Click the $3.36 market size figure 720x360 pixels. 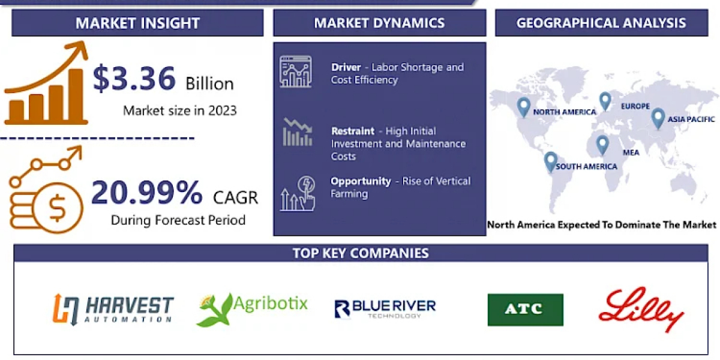click(x=134, y=78)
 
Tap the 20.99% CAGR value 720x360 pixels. click(x=147, y=193)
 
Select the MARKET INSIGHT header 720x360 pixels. click(x=137, y=23)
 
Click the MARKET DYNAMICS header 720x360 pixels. click(x=380, y=23)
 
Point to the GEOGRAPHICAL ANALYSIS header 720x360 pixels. click(x=601, y=23)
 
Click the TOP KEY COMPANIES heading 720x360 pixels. click(x=361, y=253)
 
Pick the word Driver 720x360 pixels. click(x=346, y=67)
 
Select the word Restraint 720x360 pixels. click(x=353, y=131)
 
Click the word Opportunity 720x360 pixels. click(x=361, y=181)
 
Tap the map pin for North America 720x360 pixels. click(x=524, y=107)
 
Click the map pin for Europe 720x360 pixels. click(x=605, y=101)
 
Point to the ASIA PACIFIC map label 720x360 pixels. click(x=691, y=119)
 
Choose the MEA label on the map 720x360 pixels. click(x=631, y=152)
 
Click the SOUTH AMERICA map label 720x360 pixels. click(x=586, y=167)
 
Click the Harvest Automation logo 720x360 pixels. click(x=113, y=309)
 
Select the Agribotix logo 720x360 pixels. click(x=251, y=309)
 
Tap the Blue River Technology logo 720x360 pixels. click(x=385, y=308)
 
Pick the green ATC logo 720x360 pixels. click(x=525, y=310)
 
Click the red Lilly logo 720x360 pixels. click(x=641, y=309)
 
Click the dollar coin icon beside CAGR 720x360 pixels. click(x=58, y=208)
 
